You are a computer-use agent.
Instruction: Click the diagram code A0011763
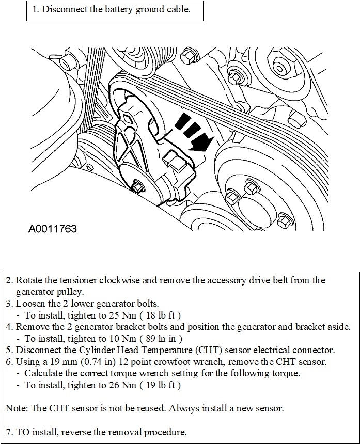[53, 228]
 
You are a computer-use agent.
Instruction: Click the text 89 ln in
[164, 338]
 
